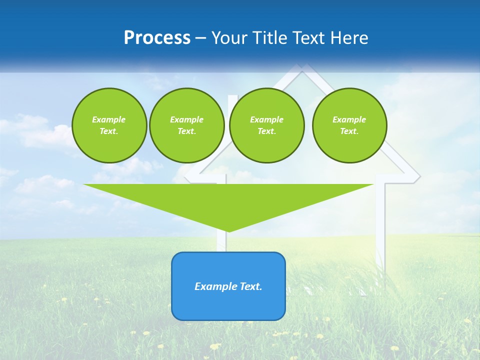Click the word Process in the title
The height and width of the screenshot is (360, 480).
[157, 38]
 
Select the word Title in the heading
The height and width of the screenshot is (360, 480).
[272, 38]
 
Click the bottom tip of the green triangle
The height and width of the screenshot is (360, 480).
[228, 231]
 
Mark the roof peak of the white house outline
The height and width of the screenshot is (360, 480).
[301, 66]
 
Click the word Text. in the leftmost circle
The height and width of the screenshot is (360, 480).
[109, 131]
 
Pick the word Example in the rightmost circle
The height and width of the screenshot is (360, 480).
[349, 119]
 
